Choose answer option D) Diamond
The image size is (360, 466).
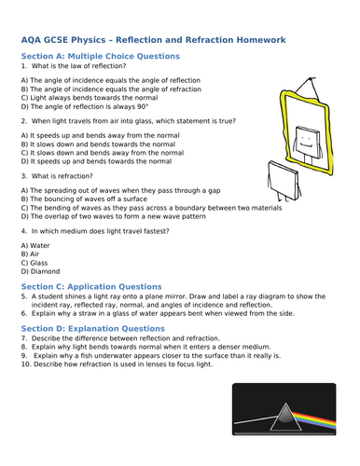coord(42,273)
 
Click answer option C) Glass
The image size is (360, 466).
coord(35,263)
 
